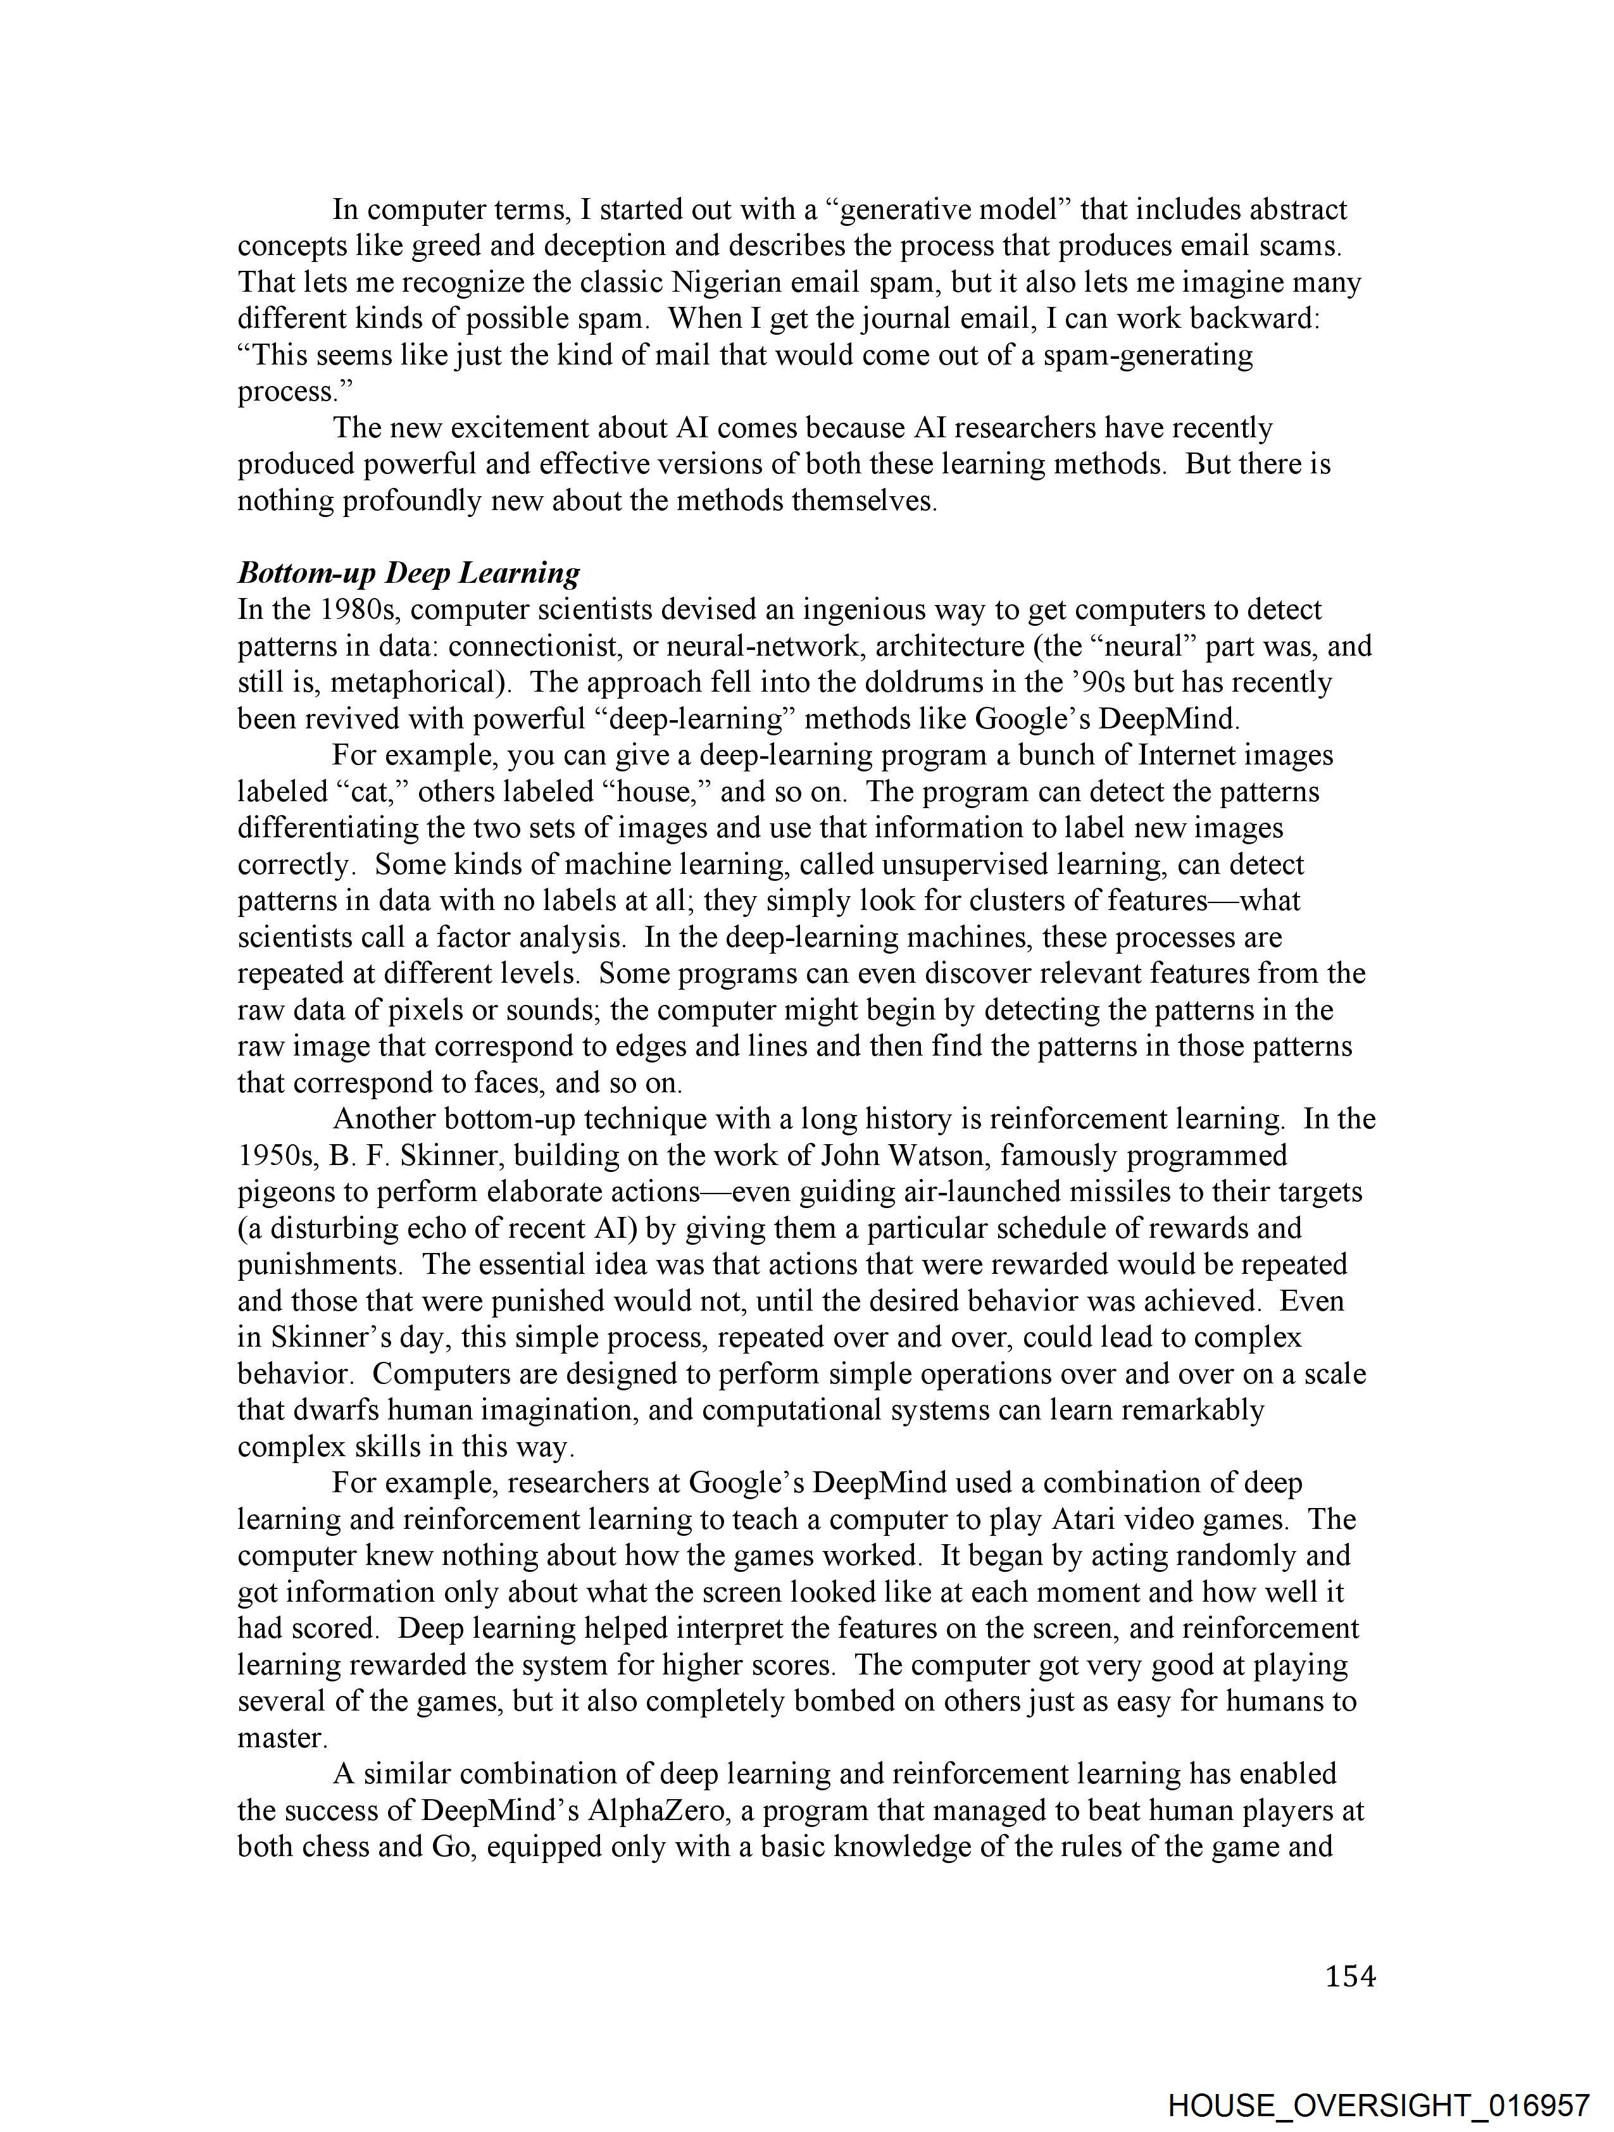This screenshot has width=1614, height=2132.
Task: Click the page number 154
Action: point(1350,1977)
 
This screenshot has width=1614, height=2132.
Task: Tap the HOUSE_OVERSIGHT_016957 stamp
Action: point(1378,2104)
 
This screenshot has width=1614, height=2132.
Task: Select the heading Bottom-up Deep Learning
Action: point(409,573)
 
